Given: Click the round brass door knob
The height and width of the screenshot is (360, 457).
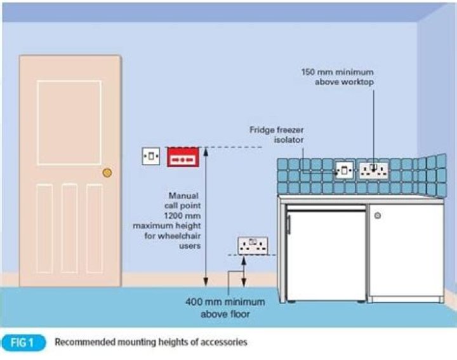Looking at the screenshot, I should click(107, 172).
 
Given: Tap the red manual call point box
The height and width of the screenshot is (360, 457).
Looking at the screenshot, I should click(183, 157).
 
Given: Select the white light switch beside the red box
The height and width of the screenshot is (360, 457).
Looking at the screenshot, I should click(151, 156).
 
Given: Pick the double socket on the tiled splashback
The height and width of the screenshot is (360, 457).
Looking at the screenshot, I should click(374, 170).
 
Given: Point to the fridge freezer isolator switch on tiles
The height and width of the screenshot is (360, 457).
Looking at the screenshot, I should click(344, 170).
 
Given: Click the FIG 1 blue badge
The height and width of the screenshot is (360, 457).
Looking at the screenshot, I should click(23, 342).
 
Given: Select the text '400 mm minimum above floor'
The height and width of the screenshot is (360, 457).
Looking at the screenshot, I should click(218, 308).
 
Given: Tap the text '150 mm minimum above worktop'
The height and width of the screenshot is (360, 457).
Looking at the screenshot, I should click(337, 77).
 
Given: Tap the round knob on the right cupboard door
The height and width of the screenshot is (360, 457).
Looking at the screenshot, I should click(378, 216).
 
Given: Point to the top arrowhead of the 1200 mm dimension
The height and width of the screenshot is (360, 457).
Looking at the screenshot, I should click(205, 150).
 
